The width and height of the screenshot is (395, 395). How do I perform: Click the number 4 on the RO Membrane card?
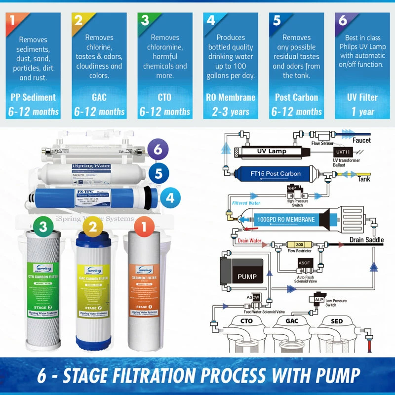[211, 21]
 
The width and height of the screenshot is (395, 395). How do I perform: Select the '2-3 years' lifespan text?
[231, 112]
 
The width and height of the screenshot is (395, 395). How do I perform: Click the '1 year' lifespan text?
[362, 112]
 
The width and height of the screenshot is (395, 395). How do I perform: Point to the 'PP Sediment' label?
[33, 97]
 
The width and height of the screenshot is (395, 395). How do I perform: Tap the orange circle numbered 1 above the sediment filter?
[144, 227]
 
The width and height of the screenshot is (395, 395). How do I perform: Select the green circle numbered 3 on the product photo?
[44, 227]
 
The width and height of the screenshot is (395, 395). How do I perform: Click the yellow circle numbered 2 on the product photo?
[92, 227]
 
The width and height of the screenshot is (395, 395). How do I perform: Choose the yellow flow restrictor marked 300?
[299, 245]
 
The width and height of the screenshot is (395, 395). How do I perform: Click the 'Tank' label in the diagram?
[363, 179]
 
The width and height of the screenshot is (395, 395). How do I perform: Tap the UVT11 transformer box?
[343, 152]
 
